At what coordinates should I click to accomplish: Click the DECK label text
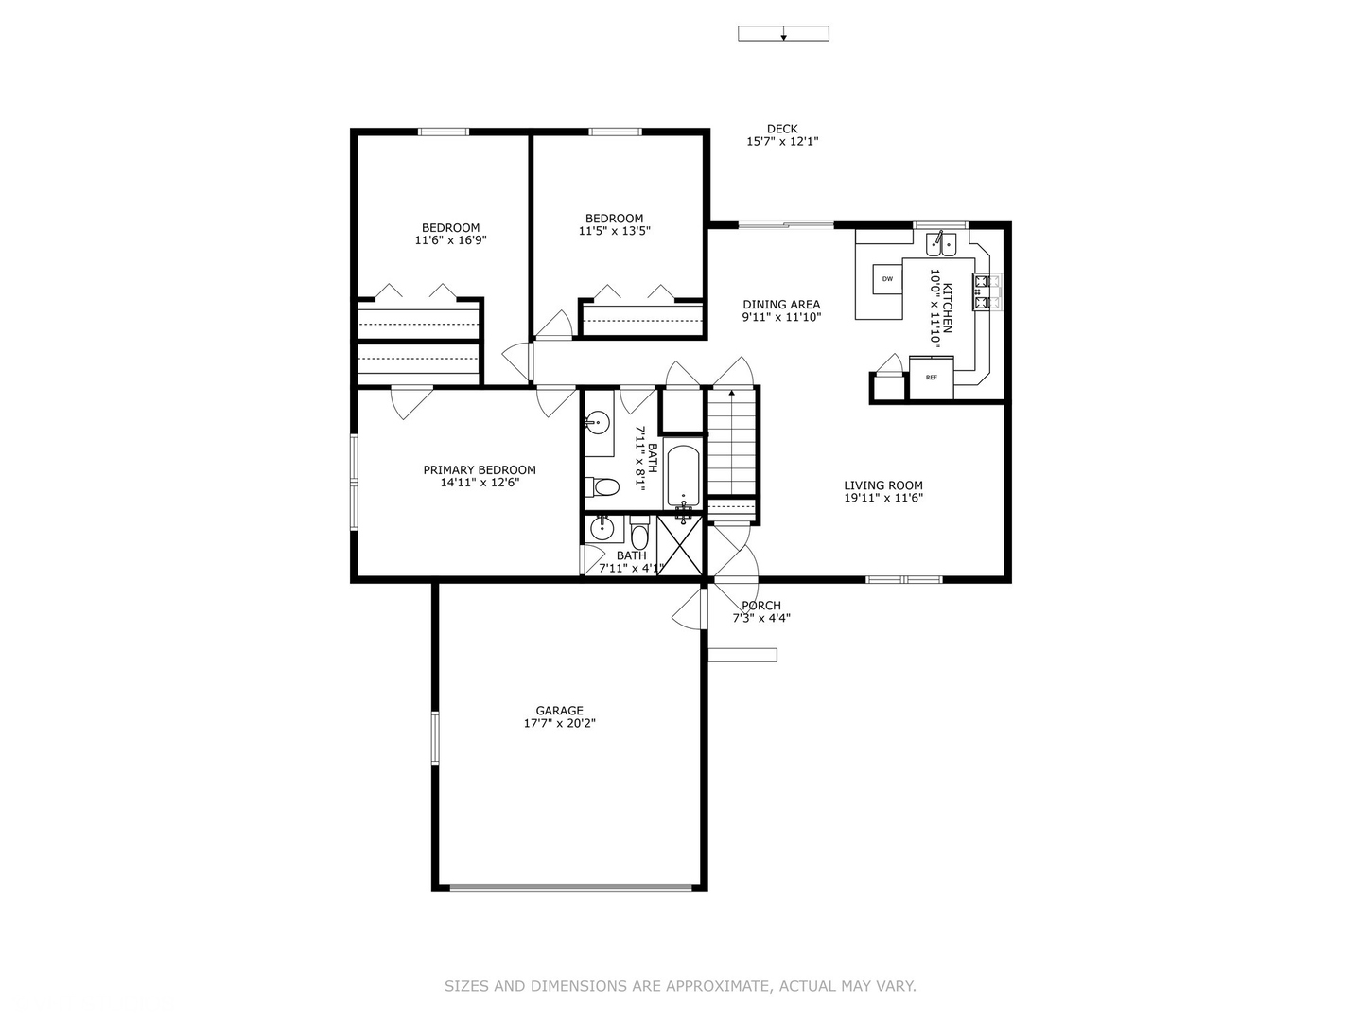coord(782,129)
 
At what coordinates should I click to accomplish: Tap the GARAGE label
coord(559,711)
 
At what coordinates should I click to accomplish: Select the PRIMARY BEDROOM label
coord(479,470)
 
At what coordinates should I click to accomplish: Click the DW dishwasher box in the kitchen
coord(887,278)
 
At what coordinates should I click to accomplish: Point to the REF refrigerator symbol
coord(931,378)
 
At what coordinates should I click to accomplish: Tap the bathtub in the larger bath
coord(682,476)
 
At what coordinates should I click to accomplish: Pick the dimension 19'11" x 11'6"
coord(882,498)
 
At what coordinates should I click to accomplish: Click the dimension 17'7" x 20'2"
coord(559,724)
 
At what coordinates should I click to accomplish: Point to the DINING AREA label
coord(781,305)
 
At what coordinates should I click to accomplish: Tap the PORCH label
coord(761,606)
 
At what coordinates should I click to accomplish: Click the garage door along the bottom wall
coord(570,888)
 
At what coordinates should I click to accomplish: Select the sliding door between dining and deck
coord(785,225)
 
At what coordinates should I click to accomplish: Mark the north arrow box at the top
coord(783,34)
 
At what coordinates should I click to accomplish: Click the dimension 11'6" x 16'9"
coord(450,240)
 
